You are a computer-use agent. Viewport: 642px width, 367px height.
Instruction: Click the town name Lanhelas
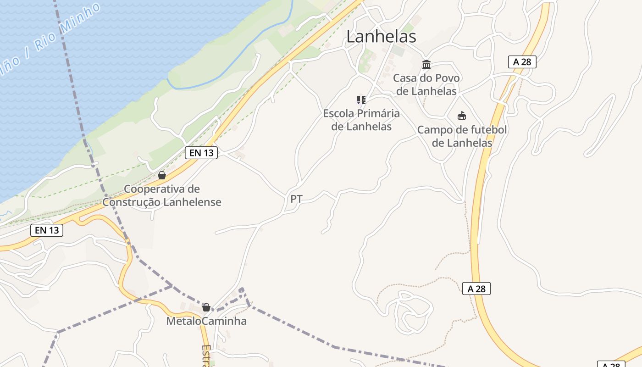point(381,37)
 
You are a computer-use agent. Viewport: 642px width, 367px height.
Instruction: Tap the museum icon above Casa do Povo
point(426,64)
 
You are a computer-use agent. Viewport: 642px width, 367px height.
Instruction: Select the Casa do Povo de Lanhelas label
point(426,84)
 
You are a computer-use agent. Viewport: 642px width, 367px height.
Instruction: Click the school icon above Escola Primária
point(361,100)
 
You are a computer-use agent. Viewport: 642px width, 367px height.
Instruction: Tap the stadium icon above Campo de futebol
point(462,116)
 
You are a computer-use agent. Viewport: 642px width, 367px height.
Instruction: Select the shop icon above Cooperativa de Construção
point(161,175)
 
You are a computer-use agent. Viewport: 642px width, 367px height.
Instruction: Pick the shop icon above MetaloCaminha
point(206,307)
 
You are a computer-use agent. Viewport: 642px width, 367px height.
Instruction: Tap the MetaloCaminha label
point(206,321)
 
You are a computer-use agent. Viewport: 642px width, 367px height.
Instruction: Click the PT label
point(296,199)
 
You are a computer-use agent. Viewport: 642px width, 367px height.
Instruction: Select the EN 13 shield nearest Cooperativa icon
point(201,153)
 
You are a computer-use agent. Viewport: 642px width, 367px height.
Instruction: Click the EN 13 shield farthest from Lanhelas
point(47,230)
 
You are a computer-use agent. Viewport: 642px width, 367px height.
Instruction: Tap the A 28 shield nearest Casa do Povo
point(522,62)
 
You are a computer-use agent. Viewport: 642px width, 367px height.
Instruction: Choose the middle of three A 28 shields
point(476,289)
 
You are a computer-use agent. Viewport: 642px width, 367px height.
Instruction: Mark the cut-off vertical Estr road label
point(206,356)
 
